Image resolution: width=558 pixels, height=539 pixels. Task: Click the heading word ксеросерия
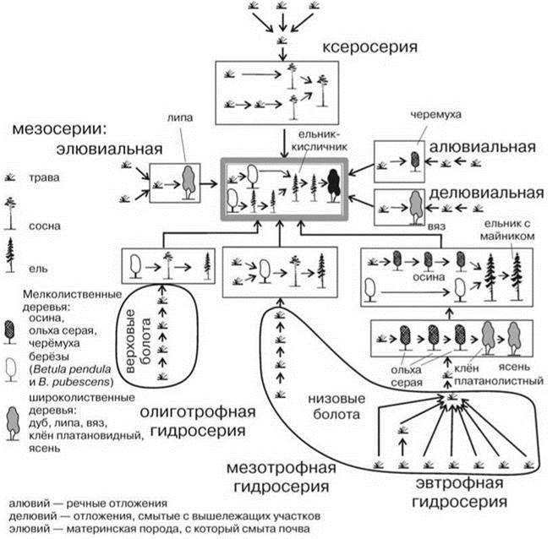pos(371,48)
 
